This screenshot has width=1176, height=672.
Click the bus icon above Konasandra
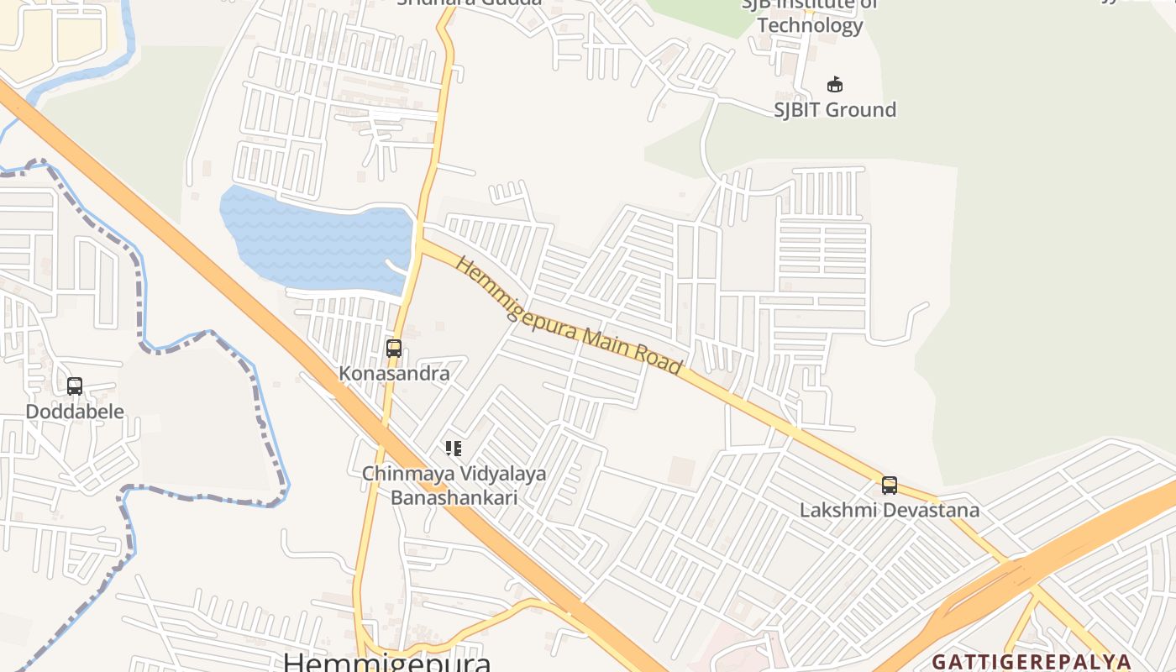393,348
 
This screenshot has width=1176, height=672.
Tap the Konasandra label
394,374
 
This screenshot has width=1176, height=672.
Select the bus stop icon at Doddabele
75,386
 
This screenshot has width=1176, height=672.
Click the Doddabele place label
75,412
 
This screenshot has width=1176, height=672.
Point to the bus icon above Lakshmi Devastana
890,485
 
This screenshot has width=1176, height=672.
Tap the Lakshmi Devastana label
889,510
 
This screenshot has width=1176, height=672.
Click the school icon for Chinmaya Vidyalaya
454,449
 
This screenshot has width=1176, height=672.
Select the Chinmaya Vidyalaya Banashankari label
454,486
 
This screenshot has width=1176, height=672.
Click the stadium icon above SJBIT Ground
835,84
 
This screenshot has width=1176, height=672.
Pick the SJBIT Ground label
835,110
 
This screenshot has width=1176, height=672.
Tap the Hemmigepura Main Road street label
568,316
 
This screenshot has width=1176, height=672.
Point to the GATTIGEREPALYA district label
1032,661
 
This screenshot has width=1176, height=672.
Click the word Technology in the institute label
810,25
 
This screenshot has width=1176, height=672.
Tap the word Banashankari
454,497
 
